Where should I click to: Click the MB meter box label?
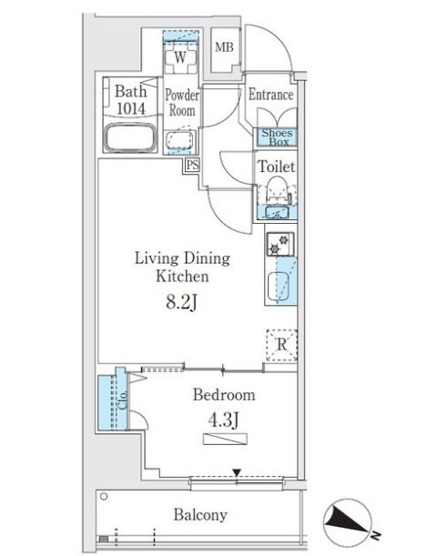click(x=224, y=47)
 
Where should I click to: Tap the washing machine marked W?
click(x=181, y=58)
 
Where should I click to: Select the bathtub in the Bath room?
click(x=130, y=138)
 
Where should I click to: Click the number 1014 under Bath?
click(x=131, y=109)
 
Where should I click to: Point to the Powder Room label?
click(x=182, y=103)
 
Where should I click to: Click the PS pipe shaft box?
click(x=193, y=166)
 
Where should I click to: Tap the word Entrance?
click(x=270, y=95)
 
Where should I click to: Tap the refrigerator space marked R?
click(x=281, y=345)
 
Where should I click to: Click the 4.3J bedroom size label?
click(x=223, y=420)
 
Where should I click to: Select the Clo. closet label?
click(x=123, y=400)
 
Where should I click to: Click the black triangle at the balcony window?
click(x=237, y=472)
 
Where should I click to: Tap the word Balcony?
click(x=200, y=515)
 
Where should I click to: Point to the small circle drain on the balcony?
click(x=104, y=497)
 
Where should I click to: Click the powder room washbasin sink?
click(x=181, y=140)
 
